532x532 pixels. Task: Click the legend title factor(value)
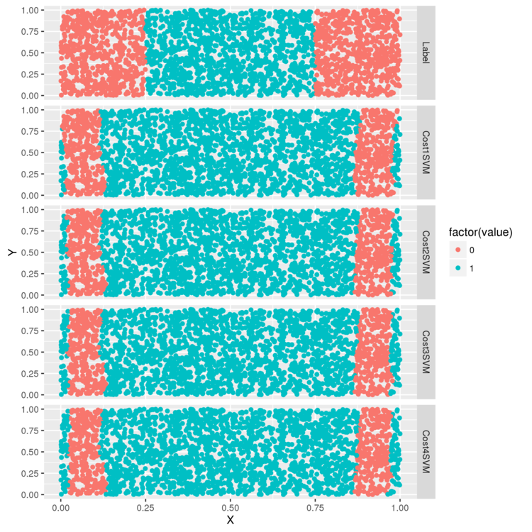pyautogui.click(x=481, y=232)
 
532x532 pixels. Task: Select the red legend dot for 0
pyautogui.click(x=458, y=250)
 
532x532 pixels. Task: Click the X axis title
pyautogui.click(x=230, y=520)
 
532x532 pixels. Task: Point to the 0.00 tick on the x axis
pyautogui.click(x=61, y=508)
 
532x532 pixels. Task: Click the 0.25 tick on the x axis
pyautogui.click(x=145, y=508)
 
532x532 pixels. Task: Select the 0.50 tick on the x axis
pyautogui.click(x=231, y=508)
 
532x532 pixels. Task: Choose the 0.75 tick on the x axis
pyautogui.click(x=315, y=508)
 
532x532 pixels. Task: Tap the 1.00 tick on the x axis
pyautogui.click(x=400, y=508)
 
